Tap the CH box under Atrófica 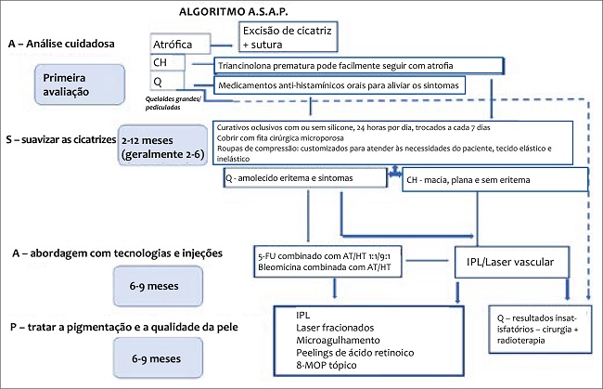tap(167, 63)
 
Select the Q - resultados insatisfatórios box tap(538, 332)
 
